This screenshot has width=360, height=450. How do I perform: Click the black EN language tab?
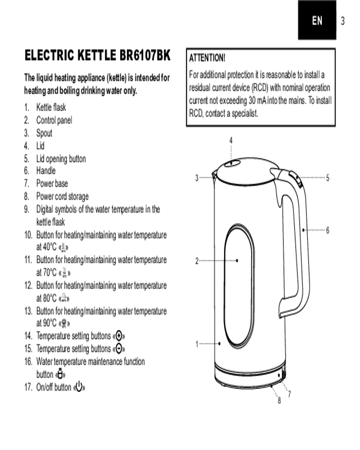[x=317, y=20]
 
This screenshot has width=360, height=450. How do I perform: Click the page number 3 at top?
[x=342, y=21]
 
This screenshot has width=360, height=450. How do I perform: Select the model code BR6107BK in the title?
[x=145, y=55]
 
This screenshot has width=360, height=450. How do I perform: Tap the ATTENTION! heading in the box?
[x=207, y=58]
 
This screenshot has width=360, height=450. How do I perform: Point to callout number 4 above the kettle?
[x=231, y=140]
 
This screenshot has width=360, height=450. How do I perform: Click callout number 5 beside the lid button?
[x=328, y=178]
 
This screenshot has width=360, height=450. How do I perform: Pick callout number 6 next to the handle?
[x=328, y=230]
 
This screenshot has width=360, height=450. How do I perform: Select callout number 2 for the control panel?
[x=197, y=261]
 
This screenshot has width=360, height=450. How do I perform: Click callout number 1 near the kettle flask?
[x=197, y=344]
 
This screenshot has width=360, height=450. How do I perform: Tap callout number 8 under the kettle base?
[x=279, y=400]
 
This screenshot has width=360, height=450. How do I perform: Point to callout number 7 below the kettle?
[x=289, y=394]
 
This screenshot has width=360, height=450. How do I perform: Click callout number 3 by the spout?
[x=197, y=178]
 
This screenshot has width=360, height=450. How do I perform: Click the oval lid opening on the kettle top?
[x=232, y=164]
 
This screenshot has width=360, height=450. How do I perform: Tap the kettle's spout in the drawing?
[x=214, y=175]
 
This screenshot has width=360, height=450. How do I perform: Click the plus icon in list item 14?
[x=118, y=336]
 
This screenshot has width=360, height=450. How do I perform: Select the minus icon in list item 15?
[x=118, y=349]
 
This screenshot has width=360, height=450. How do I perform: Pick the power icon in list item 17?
[x=79, y=387]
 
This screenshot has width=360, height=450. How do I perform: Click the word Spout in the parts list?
[x=44, y=133]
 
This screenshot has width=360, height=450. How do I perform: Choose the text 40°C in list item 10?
[x=49, y=247]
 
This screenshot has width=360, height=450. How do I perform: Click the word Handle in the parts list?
[x=46, y=171]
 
